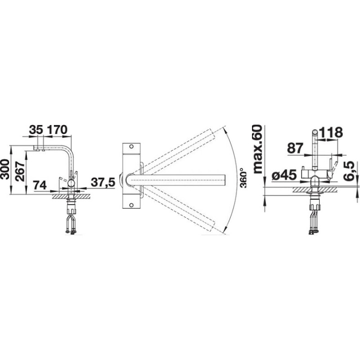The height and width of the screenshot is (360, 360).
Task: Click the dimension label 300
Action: pos(5,170)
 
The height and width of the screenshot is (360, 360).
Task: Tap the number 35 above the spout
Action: pos(36,130)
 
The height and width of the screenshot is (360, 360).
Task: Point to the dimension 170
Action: pos(57,130)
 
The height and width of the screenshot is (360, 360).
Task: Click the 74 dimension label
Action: pos(40,185)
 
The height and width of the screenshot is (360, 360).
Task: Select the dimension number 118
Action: pos(331,132)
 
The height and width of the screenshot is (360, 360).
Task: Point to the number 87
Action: pos(295,148)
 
